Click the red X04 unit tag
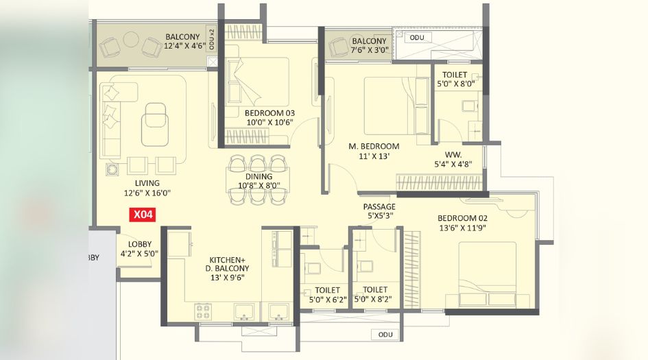click(143, 215)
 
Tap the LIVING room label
click(147, 183)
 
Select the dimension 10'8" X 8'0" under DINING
click(259, 186)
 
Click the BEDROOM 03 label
click(269, 113)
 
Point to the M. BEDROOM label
click(374, 146)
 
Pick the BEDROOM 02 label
click(462, 218)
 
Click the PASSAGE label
click(379, 206)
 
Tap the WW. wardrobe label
click(453, 155)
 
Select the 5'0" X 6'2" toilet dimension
click(328, 300)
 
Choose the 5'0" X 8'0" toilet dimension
click(456, 84)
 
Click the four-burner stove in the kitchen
click(203, 311)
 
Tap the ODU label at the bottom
click(385, 335)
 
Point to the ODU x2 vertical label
click(212, 39)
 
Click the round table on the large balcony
click(131, 39)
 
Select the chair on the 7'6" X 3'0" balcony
click(339, 47)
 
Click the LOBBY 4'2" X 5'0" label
click(139, 249)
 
